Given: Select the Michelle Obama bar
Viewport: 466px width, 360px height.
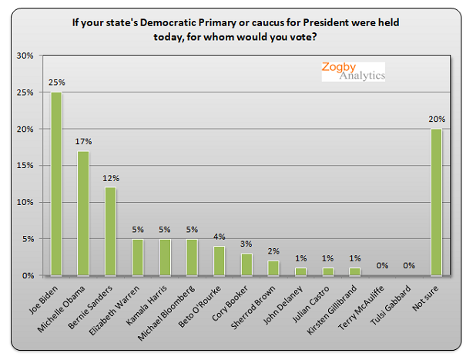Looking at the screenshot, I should pyautogui.click(x=83, y=213).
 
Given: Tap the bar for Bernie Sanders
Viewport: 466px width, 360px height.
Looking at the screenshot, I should pyautogui.click(x=110, y=231).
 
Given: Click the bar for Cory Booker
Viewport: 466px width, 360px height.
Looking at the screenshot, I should pyautogui.click(x=246, y=264).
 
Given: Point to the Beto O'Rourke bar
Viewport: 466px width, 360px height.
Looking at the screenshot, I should pyautogui.click(x=220, y=261).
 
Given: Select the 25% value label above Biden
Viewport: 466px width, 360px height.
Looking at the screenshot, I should pyautogui.click(x=56, y=82).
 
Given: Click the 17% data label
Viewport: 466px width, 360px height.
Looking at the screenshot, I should pyautogui.click(x=83, y=141).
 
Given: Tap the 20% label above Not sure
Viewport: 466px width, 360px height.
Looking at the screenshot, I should pyautogui.click(x=437, y=119).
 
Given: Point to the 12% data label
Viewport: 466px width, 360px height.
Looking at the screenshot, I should pyautogui.click(x=110, y=178).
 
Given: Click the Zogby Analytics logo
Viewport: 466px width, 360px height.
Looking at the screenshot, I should pyautogui.click(x=352, y=71).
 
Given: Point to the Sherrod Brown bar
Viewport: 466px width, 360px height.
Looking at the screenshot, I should pyautogui.click(x=273, y=267).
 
